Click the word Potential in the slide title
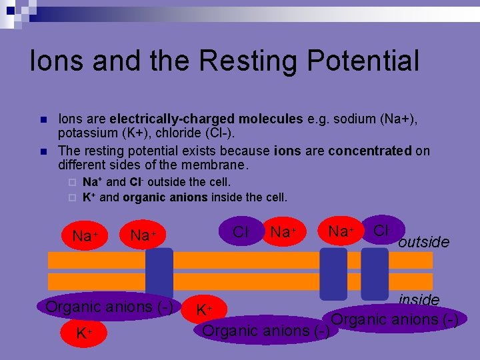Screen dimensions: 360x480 (359, 61)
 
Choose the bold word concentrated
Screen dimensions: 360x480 (369, 151)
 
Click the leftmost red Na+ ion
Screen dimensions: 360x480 (85, 235)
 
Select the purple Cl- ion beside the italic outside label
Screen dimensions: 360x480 (382, 231)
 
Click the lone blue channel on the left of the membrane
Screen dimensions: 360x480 (159, 273)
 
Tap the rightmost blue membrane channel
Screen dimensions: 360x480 (374, 273)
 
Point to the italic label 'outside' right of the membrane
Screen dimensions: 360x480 (423, 241)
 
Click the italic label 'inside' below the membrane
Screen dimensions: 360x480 (419, 300)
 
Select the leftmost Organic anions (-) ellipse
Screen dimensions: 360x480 (109, 307)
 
